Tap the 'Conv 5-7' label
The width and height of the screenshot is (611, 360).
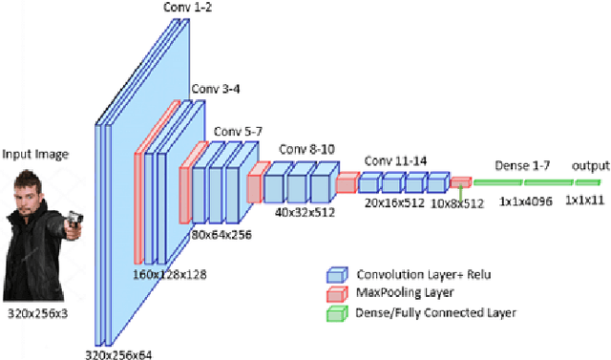pyautogui.click(x=237, y=131)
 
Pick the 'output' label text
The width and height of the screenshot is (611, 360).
pyautogui.click(x=584, y=165)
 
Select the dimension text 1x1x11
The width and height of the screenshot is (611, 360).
pyautogui.click(x=583, y=201)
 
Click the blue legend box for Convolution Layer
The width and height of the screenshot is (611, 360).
pyautogui.click(x=335, y=273)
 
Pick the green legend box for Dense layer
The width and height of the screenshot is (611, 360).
pyautogui.click(x=335, y=311)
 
